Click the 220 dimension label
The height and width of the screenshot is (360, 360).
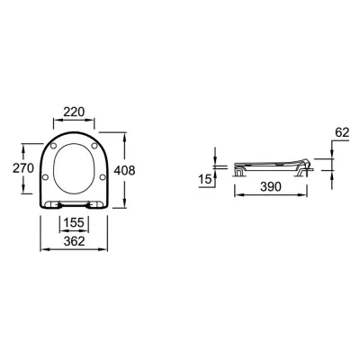(x=74, y=112)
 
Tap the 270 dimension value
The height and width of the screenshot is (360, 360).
(x=23, y=168)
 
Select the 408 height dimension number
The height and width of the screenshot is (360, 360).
(x=124, y=170)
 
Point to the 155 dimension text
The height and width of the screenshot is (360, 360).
(x=74, y=222)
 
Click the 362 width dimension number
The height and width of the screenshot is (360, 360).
(x=74, y=241)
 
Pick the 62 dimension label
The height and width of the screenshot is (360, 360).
(x=342, y=132)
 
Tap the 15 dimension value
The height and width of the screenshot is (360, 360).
(x=205, y=179)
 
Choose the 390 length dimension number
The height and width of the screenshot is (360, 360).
(x=270, y=187)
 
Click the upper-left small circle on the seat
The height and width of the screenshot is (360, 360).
(x=54, y=146)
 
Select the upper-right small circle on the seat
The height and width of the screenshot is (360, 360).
(x=94, y=146)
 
